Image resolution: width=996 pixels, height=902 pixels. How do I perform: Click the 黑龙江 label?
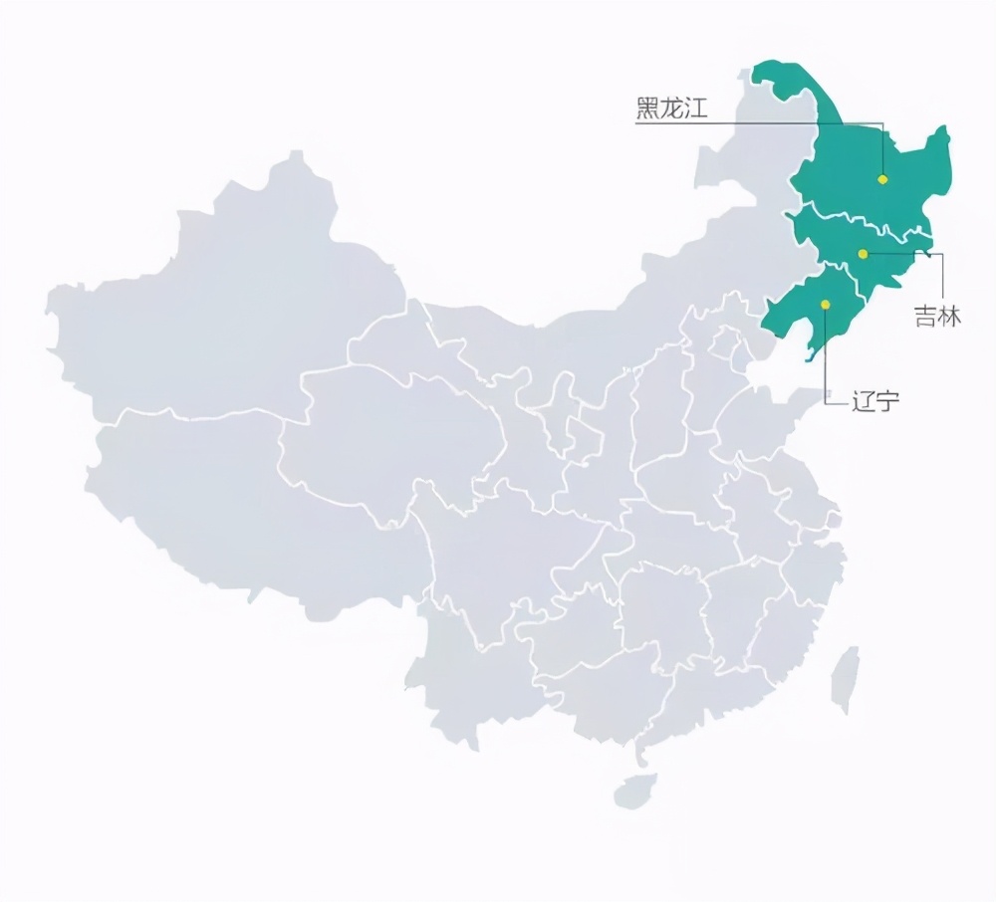pyautogui.click(x=671, y=108)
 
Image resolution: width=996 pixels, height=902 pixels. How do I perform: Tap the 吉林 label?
pyautogui.click(x=938, y=318)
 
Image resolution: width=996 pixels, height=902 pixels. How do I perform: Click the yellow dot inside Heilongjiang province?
pyautogui.click(x=881, y=179)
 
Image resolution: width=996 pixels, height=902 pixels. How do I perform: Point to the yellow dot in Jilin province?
pyautogui.click(x=863, y=254)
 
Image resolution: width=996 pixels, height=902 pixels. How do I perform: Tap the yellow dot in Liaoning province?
pyautogui.click(x=825, y=304)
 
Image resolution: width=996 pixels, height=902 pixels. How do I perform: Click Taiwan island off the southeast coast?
pyautogui.click(x=845, y=677)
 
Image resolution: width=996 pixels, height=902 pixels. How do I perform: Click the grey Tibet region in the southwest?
pyautogui.click(x=219, y=498)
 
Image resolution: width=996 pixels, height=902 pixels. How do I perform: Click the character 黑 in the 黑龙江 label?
pyautogui.click(x=648, y=108)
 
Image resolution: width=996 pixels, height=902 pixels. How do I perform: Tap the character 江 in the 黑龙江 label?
pyautogui.click(x=695, y=108)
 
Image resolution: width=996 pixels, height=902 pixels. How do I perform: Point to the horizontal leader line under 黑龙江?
pyautogui.click(x=757, y=123)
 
